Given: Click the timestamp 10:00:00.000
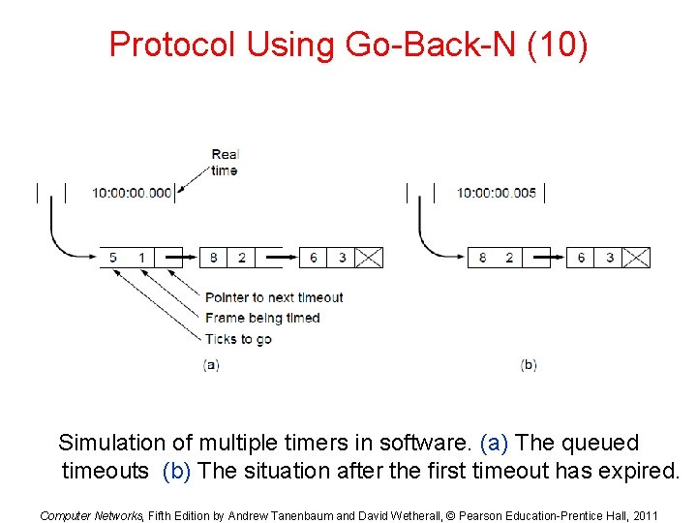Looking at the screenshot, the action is pyautogui.click(x=132, y=193).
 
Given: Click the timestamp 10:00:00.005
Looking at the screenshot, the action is pyautogui.click(x=497, y=193).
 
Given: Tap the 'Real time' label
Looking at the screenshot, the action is pyautogui.click(x=225, y=162).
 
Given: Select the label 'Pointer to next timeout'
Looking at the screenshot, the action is pyautogui.click(x=274, y=297).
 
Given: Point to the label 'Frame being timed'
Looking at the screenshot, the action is pyautogui.click(x=262, y=318).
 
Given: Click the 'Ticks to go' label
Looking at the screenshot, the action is pyautogui.click(x=238, y=339).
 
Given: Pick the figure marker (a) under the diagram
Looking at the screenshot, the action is pyautogui.click(x=211, y=365).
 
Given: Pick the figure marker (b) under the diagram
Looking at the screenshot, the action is pyautogui.click(x=529, y=365).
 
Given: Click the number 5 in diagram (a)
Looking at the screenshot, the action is pyautogui.click(x=113, y=258).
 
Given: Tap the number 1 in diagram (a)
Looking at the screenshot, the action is pyautogui.click(x=141, y=258).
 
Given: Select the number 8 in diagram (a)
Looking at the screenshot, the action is pyautogui.click(x=213, y=258).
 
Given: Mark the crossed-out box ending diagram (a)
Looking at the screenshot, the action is pyautogui.click(x=369, y=258).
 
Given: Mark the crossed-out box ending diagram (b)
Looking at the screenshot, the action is pyautogui.click(x=636, y=258).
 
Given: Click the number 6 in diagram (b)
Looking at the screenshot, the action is pyautogui.click(x=581, y=258).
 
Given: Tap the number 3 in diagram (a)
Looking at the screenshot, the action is pyautogui.click(x=342, y=258).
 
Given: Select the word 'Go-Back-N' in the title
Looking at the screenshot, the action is pyautogui.click(x=420, y=45).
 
